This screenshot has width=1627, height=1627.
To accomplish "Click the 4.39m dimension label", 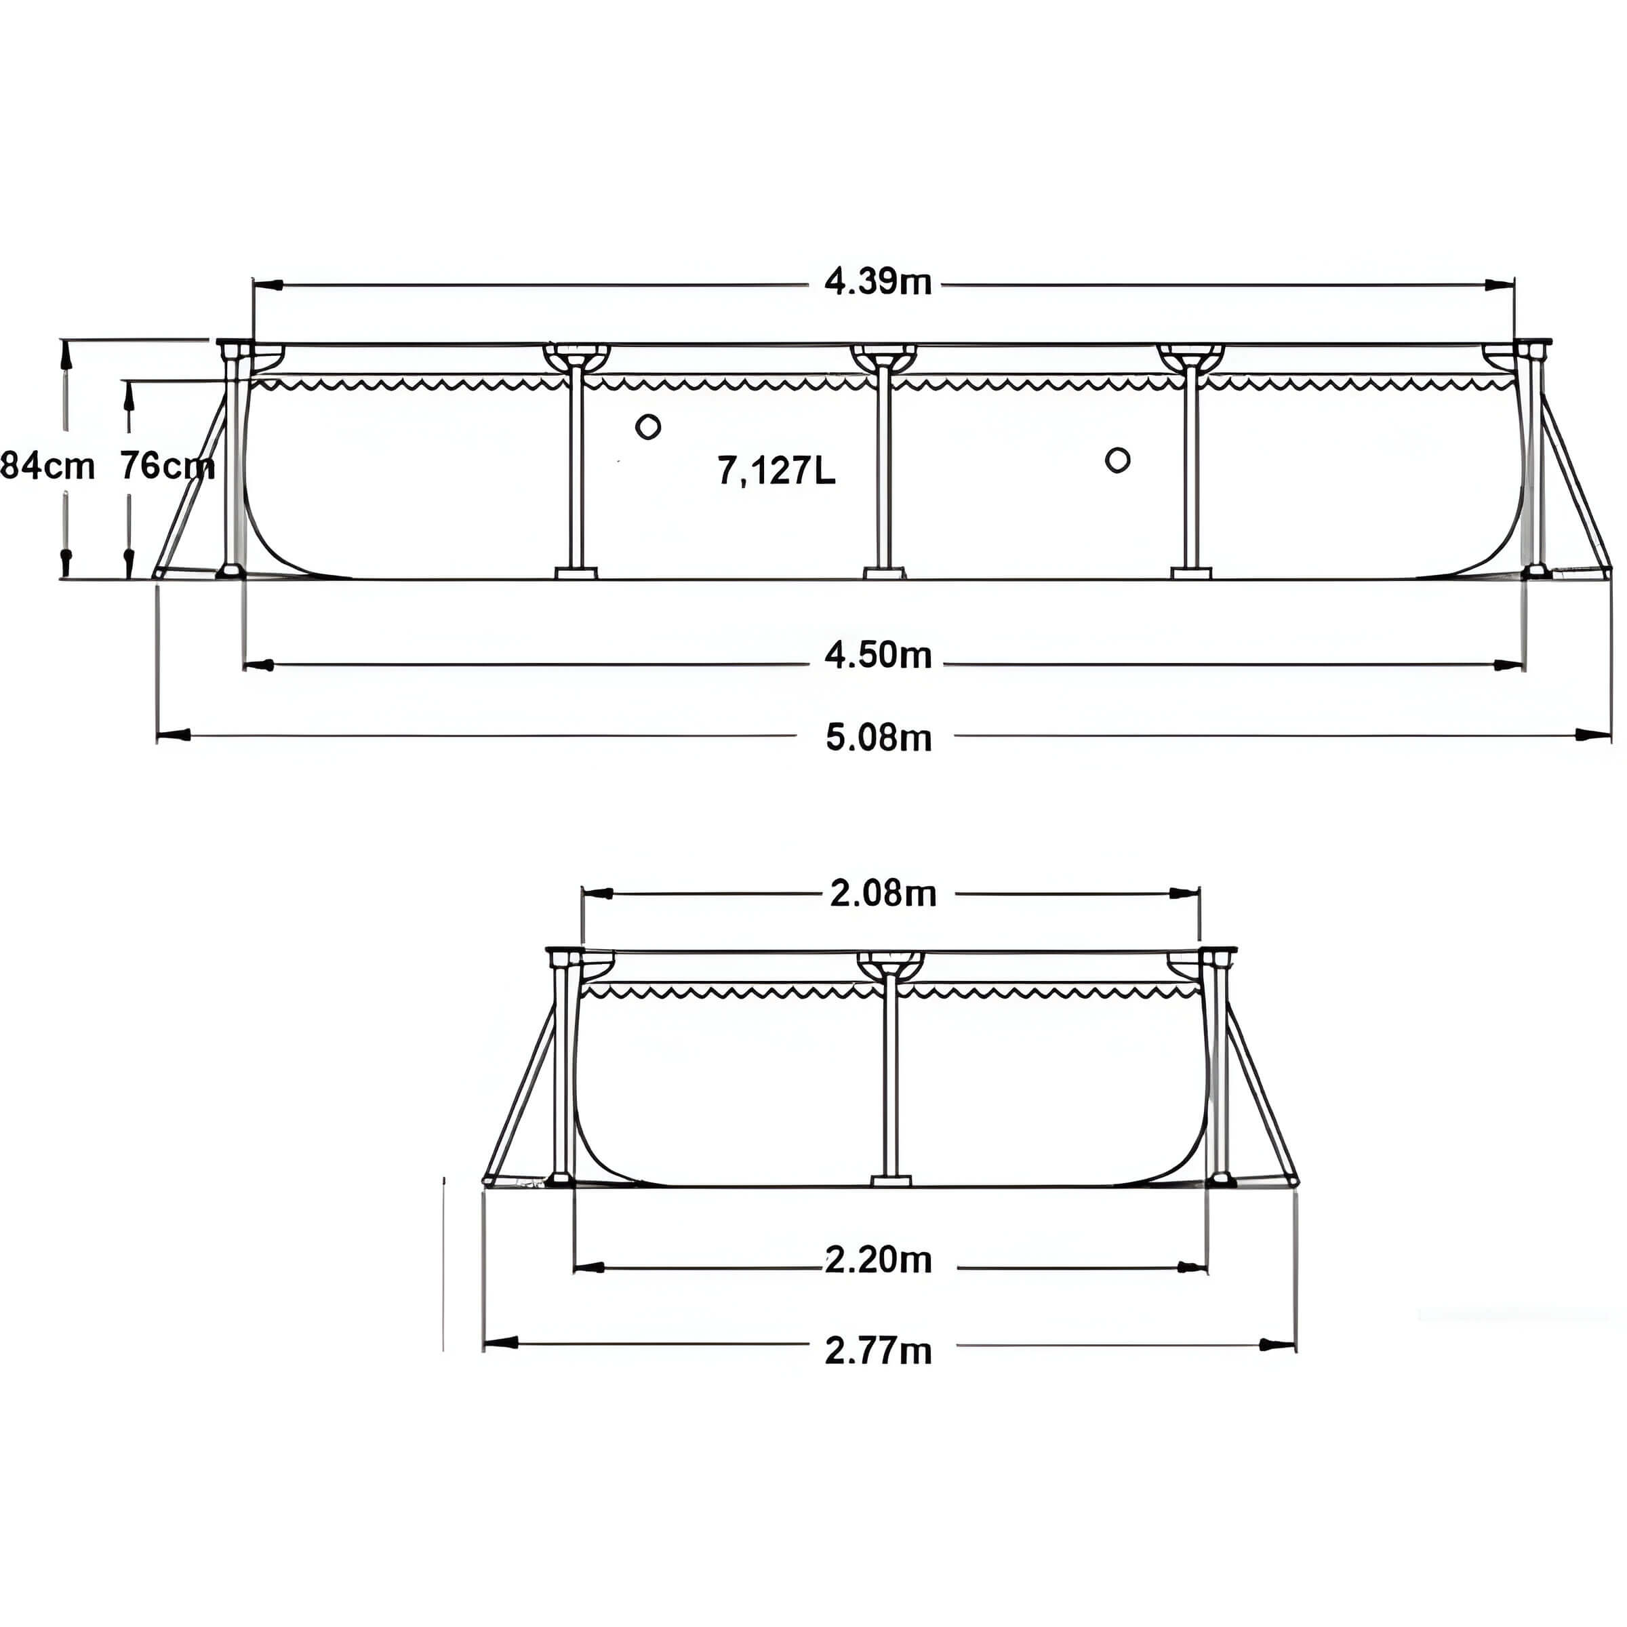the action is tap(877, 282).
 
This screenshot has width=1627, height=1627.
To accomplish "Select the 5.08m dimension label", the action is tap(879, 738).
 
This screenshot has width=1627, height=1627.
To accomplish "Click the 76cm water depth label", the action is tap(167, 466).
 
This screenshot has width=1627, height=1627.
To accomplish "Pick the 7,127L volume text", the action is tap(776, 470).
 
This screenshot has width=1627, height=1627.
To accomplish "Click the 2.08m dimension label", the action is tap(883, 893).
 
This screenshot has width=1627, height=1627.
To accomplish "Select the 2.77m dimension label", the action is tap(879, 1351).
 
